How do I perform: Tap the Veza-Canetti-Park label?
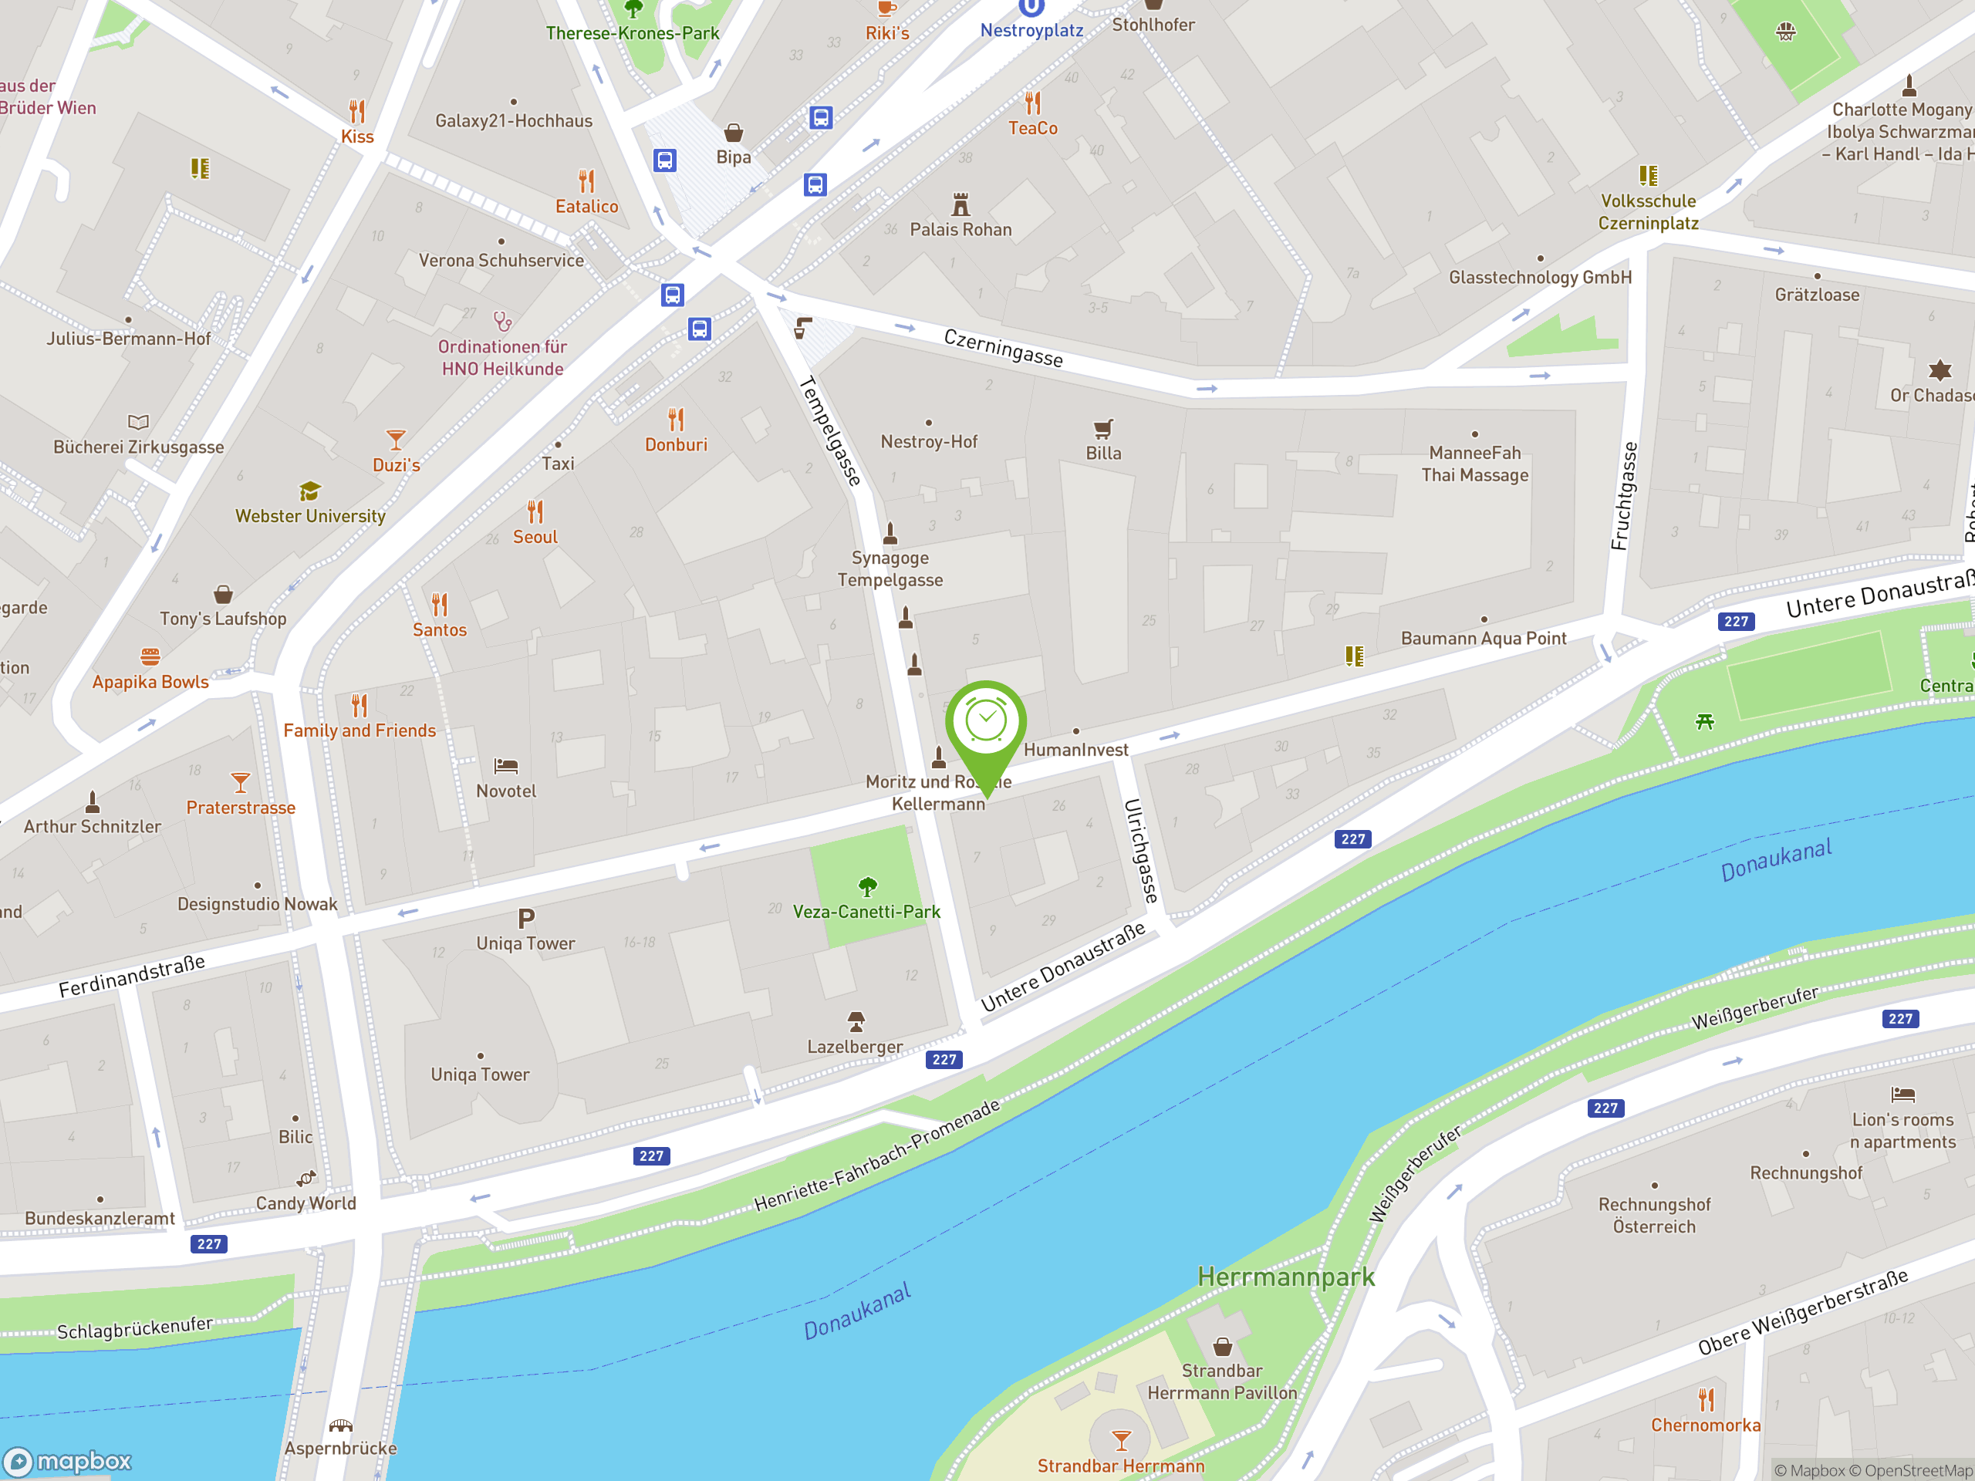pyautogui.click(x=866, y=912)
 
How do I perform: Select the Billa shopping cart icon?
pyautogui.click(x=1103, y=429)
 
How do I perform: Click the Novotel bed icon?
pyautogui.click(x=506, y=766)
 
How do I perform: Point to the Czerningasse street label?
pyautogui.click(x=1004, y=347)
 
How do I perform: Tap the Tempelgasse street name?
pyautogui.click(x=830, y=431)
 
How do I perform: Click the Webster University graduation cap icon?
pyautogui.click(x=310, y=491)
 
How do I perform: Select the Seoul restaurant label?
pyautogui.click(x=535, y=537)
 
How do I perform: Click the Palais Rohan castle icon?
pyautogui.click(x=960, y=204)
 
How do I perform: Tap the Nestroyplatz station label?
pyautogui.click(x=1031, y=30)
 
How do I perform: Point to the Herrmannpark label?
pyautogui.click(x=1286, y=1277)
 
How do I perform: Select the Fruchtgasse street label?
pyautogui.click(x=1624, y=496)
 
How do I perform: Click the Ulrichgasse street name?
pyautogui.click(x=1141, y=851)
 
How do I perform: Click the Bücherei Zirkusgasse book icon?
pyautogui.click(x=138, y=421)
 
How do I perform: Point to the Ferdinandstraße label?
pyautogui.click(x=132, y=976)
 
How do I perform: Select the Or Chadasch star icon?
pyautogui.click(x=1940, y=369)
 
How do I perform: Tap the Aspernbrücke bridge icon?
pyautogui.click(x=340, y=1425)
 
